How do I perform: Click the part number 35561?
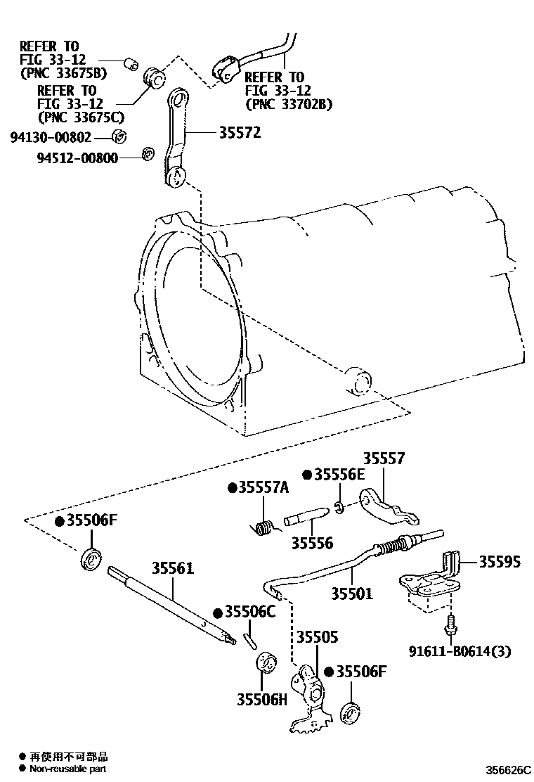(174, 568)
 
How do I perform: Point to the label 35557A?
(262, 489)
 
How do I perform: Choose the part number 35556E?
(339, 475)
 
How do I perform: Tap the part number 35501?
(352, 594)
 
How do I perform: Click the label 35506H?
(263, 700)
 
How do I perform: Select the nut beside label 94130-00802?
(119, 136)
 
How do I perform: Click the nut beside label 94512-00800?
(148, 154)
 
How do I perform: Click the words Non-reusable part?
(68, 769)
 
